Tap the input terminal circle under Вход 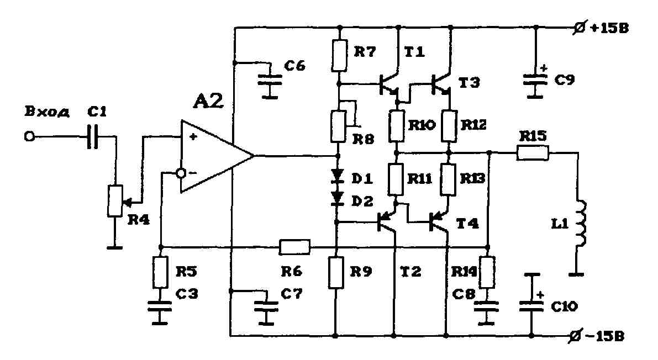(29, 136)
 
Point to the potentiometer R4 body (115, 201)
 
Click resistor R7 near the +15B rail (339, 55)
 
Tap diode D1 (337, 176)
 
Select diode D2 (337, 198)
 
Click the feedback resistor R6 (294, 247)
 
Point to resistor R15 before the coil (533, 153)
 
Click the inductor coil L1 (581, 223)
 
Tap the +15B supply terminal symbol (579, 28)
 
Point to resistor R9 (336, 273)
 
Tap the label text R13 (472, 179)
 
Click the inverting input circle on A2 (181, 173)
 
